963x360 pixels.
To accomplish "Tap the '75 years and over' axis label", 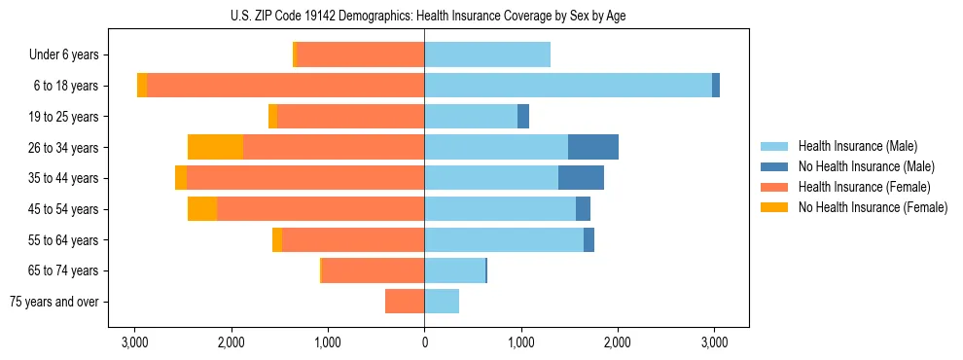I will tap(54, 302).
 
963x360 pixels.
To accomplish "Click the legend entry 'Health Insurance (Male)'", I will tap(857, 146).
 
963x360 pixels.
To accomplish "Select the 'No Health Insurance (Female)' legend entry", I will tap(873, 207).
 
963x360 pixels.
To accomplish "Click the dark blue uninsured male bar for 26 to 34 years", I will tap(593, 147).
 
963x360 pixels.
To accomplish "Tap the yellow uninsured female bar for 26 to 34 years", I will tap(215, 147).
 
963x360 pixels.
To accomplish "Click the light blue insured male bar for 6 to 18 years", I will tap(568, 86).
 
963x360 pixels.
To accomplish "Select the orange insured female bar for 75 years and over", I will tap(405, 302).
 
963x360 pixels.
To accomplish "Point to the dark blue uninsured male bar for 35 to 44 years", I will tap(581, 178).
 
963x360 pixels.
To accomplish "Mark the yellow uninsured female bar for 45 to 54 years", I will tap(202, 208).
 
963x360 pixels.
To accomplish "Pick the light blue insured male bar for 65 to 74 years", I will tap(454, 270).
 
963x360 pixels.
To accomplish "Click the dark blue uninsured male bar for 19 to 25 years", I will tap(523, 117).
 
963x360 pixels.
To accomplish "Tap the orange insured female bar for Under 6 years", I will tap(361, 54).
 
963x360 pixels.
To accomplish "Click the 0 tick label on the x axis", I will tap(424, 342).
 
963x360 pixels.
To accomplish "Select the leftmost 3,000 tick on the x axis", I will tap(134, 342).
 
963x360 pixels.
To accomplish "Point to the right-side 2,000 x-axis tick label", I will tap(618, 342).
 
